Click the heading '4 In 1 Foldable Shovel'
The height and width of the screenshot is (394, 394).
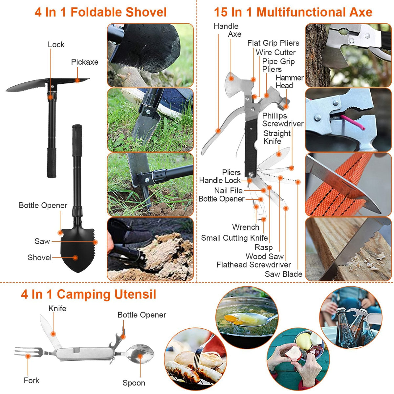pos(100,12)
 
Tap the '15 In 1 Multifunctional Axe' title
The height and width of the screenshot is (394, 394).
pos(293,12)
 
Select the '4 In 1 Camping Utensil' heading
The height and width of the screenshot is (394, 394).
pos(88,294)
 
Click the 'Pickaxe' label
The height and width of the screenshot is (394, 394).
pos(85,62)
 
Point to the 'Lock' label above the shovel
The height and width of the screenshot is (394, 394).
pos(56,45)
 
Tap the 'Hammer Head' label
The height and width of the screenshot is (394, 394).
pos(289,82)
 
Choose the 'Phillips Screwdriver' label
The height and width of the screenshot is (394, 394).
pos(282,120)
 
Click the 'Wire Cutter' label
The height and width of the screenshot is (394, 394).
pos(275,53)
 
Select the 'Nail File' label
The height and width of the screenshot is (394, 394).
pos(228,190)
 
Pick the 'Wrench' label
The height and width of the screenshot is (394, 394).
pos(245,227)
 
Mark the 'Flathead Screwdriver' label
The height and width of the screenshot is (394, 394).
pos(253,265)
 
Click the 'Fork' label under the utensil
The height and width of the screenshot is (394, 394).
pos(32,381)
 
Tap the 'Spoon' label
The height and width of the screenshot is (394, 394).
pos(134,383)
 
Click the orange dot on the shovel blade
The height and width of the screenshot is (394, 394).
pos(75,258)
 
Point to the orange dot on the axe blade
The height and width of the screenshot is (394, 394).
pos(231,79)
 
